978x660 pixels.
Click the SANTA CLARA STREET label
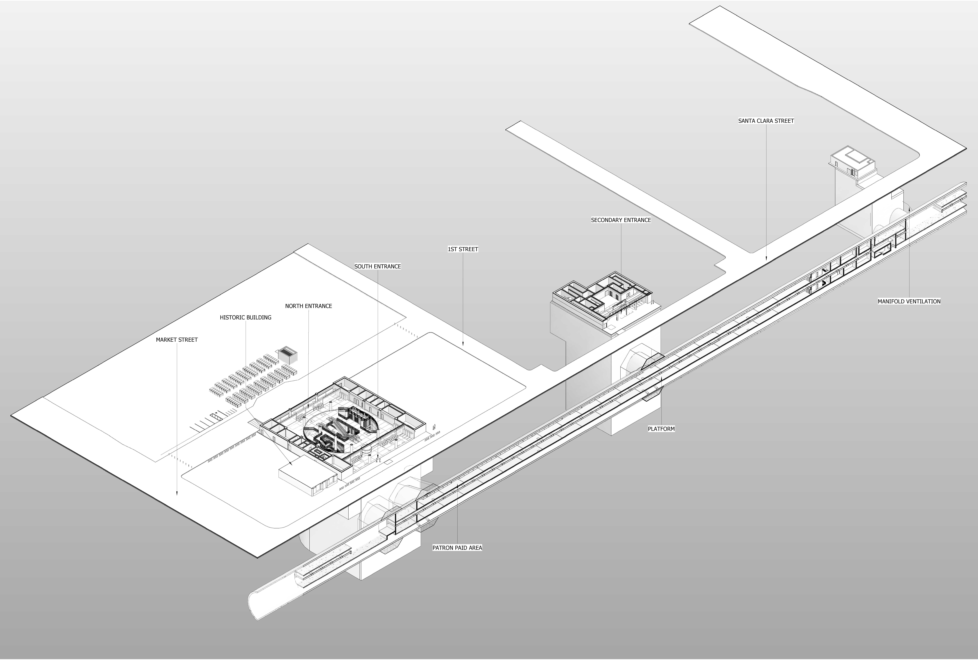tap(766, 121)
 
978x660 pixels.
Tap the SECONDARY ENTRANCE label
tap(621, 220)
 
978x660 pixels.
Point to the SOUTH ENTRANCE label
tap(377, 266)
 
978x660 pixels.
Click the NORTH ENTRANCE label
tap(308, 306)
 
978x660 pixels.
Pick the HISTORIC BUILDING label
tap(245, 317)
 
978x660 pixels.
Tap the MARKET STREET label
tap(177, 340)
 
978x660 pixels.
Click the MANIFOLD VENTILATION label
tap(909, 301)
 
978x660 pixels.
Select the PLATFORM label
tap(661, 429)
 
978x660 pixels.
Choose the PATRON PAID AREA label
tap(457, 548)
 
